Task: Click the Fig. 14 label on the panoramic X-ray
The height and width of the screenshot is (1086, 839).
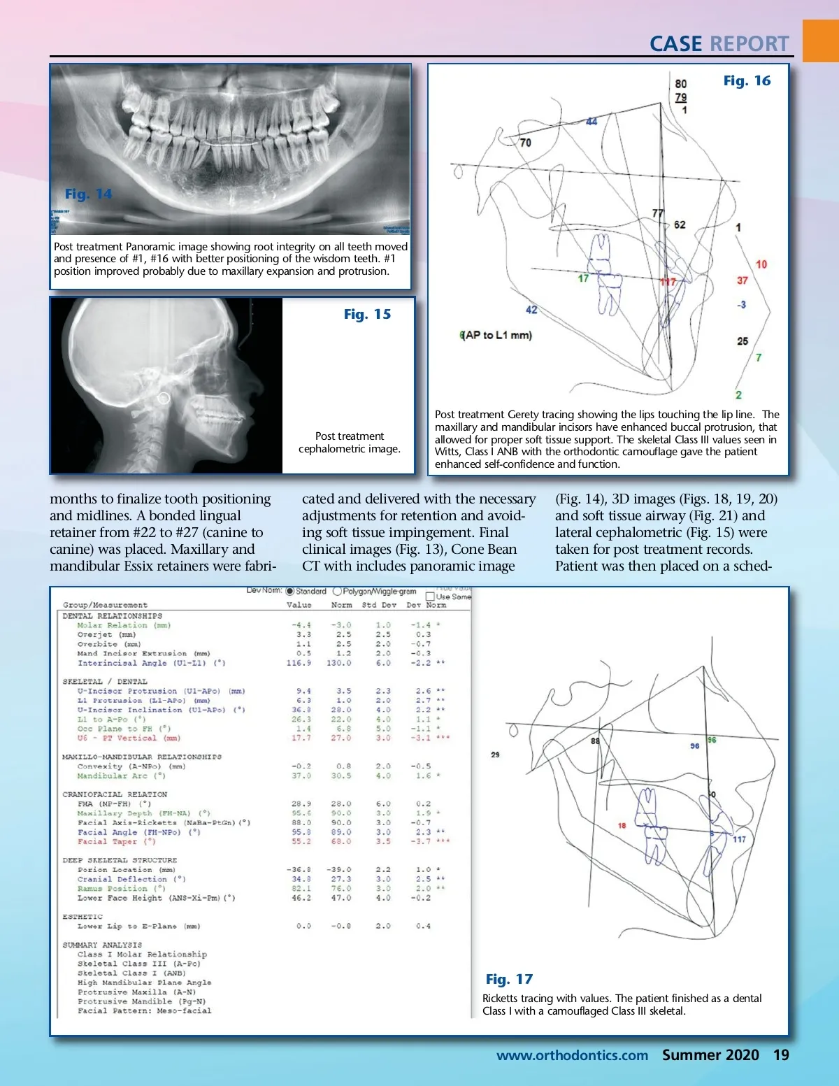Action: pyautogui.click(x=88, y=194)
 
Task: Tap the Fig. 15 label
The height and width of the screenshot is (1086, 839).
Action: pyautogui.click(x=367, y=315)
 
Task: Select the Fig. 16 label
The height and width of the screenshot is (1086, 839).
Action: pyautogui.click(x=747, y=81)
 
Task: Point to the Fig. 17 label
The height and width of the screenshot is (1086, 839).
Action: pyautogui.click(x=509, y=979)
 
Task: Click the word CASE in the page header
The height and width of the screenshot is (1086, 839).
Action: pyautogui.click(x=675, y=44)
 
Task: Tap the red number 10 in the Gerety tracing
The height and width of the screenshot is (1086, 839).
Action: pyautogui.click(x=761, y=264)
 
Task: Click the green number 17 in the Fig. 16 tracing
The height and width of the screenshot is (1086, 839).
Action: pyautogui.click(x=583, y=278)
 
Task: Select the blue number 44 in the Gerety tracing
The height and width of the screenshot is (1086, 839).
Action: pyautogui.click(x=591, y=122)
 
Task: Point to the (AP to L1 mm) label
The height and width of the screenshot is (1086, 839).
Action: pyautogui.click(x=496, y=335)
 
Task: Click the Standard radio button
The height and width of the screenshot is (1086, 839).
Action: pyautogui.click(x=290, y=592)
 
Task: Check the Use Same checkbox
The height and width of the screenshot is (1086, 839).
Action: pyautogui.click(x=430, y=596)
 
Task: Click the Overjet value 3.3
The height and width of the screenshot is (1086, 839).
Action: pyautogui.click(x=303, y=635)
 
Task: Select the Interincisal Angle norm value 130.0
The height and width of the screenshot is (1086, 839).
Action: pyautogui.click(x=339, y=663)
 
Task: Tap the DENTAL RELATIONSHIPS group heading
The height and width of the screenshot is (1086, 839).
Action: pyautogui.click(x=112, y=616)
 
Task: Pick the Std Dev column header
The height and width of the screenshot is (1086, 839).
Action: pyautogui.click(x=379, y=605)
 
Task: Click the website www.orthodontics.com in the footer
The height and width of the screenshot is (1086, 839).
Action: pyautogui.click(x=572, y=1055)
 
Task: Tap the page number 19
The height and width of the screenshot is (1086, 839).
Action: pyautogui.click(x=781, y=1055)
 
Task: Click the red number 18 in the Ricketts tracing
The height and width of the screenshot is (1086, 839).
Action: pyautogui.click(x=622, y=826)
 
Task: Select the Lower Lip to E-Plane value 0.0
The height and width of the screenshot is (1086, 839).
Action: pyautogui.click(x=303, y=926)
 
